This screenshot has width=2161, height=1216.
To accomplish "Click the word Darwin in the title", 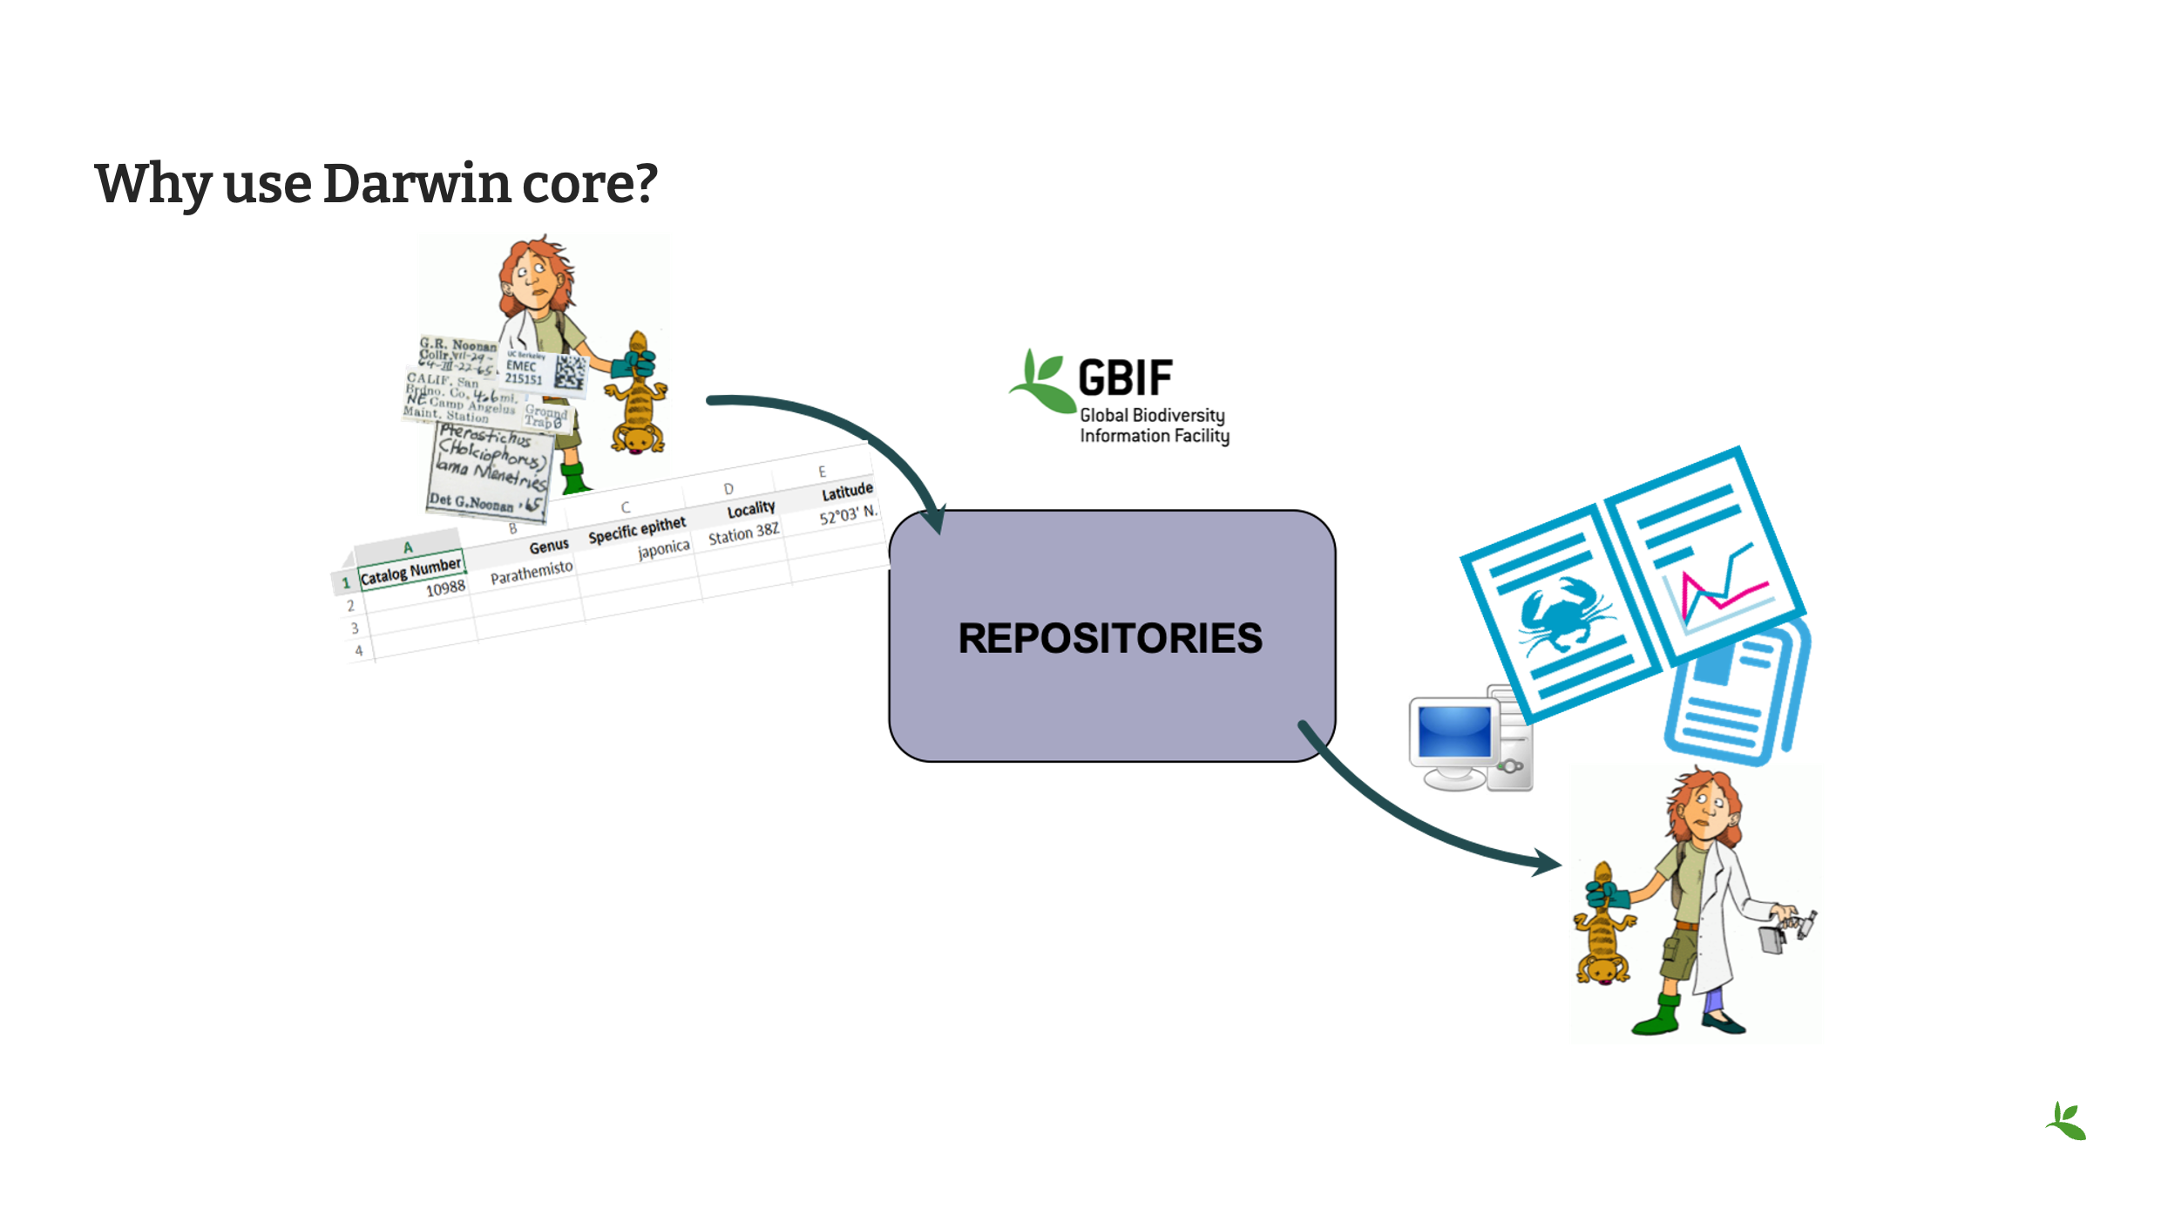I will click(417, 184).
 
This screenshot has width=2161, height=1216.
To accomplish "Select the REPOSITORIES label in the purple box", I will click(1109, 638).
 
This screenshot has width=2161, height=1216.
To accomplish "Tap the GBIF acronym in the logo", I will click(1125, 378).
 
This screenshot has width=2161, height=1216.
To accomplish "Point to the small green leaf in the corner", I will click(2066, 1122).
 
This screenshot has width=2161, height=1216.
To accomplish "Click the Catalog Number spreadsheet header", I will click(410, 571).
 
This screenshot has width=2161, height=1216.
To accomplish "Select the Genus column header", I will click(549, 547).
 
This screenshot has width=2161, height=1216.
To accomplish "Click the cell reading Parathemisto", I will click(532, 573).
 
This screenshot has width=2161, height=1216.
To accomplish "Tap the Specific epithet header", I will click(637, 529).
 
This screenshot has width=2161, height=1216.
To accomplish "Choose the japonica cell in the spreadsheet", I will click(663, 549).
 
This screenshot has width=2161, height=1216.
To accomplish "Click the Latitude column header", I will click(847, 492).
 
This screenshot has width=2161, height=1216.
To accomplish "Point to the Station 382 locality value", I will click(743, 533).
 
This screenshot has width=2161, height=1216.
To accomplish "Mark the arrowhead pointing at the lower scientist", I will click(1548, 862).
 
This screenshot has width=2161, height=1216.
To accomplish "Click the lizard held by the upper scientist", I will click(638, 397).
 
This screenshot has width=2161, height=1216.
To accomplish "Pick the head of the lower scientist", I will click(1704, 805).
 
